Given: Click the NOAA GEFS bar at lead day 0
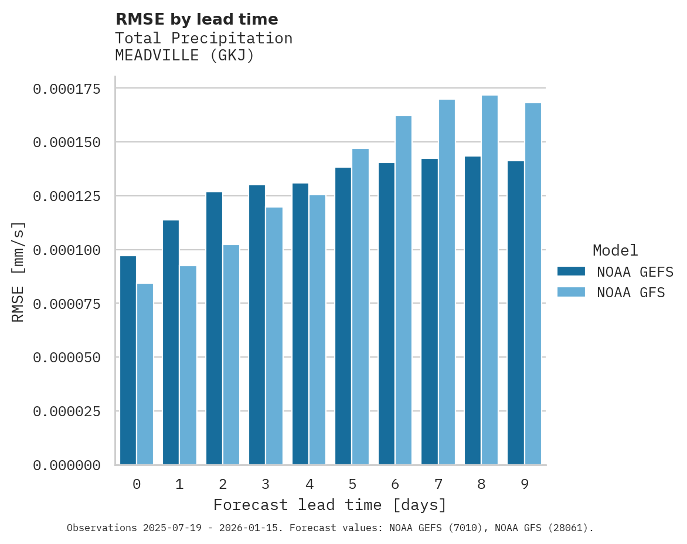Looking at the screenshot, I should click(128, 360).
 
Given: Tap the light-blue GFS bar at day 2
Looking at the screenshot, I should click(231, 355).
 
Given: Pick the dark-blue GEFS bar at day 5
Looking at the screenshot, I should click(343, 316).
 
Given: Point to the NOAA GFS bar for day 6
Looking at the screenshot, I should click(403, 290).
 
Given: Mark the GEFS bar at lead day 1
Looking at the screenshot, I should click(171, 342).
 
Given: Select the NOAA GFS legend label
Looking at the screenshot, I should click(631, 293).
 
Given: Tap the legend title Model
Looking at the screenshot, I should click(615, 250).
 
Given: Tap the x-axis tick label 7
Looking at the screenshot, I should click(438, 484).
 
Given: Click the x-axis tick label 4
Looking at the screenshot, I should click(309, 484).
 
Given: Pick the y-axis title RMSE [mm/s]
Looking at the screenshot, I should click(19, 272).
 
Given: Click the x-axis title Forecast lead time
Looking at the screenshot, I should click(330, 505).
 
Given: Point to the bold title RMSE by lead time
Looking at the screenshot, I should click(197, 19).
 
